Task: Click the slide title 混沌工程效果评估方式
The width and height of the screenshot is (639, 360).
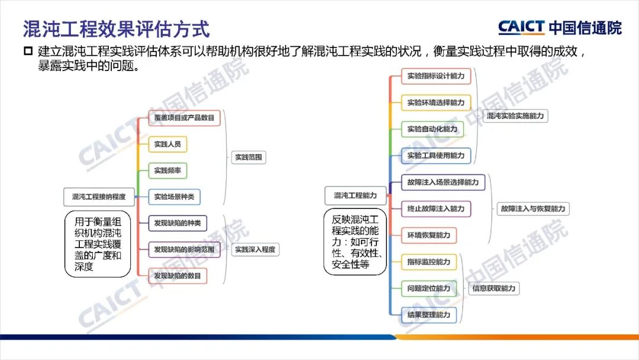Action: (116, 28)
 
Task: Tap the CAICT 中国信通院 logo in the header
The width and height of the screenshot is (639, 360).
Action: (560, 27)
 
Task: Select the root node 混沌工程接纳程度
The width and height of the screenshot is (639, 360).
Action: (99, 197)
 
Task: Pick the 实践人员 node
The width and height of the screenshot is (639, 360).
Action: (168, 144)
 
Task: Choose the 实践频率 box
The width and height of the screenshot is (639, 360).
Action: (168, 171)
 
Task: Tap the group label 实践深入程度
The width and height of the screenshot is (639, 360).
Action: (255, 249)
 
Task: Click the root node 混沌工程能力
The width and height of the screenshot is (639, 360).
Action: (355, 195)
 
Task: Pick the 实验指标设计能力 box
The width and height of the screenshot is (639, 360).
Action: (436, 76)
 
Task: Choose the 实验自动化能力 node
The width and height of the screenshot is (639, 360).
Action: (432, 128)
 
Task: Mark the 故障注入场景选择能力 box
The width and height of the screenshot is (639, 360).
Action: (443, 182)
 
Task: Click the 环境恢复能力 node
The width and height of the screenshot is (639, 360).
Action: (428, 235)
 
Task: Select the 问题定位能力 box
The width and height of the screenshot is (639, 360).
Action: (428, 288)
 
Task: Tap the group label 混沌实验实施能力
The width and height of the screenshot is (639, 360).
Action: (515, 116)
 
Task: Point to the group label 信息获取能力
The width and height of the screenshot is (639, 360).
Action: (494, 289)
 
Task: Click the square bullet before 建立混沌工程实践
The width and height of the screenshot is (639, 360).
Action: (28, 52)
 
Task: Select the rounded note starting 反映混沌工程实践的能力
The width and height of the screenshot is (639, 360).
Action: (355, 241)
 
